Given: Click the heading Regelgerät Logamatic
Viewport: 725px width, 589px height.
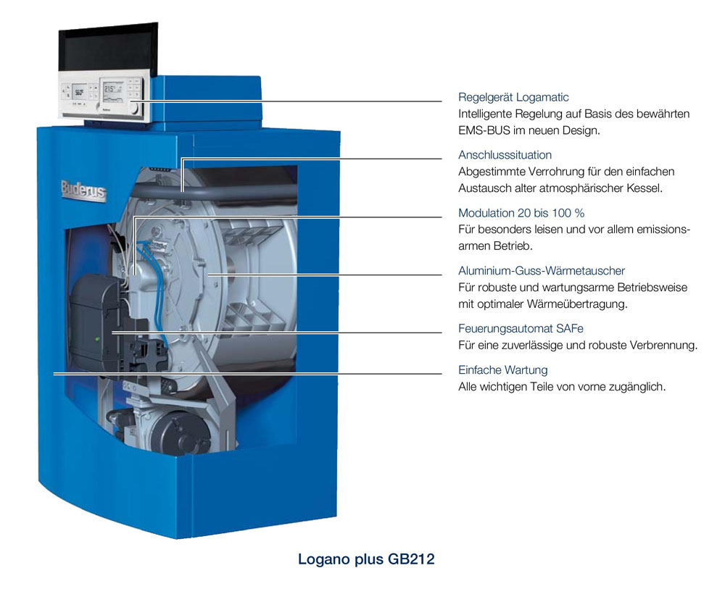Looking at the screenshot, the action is [x=513, y=98].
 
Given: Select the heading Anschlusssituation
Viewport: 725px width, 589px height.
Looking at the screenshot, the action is [x=505, y=155].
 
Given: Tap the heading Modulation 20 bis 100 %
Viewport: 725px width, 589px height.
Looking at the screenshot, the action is [x=521, y=213].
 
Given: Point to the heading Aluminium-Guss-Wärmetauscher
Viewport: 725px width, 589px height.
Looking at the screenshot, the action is [x=542, y=271].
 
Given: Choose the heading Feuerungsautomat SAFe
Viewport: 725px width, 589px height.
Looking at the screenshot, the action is [x=521, y=328].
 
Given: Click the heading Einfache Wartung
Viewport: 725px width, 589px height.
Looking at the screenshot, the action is [x=502, y=370].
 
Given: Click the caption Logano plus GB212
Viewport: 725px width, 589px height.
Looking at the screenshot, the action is [x=366, y=559].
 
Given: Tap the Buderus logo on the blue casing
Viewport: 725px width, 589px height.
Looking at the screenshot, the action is [x=83, y=190].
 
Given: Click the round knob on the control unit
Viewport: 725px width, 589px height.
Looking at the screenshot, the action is [x=134, y=109].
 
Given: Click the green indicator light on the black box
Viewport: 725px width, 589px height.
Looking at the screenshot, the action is [x=97, y=339].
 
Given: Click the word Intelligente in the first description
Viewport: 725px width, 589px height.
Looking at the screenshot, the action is [x=484, y=114].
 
